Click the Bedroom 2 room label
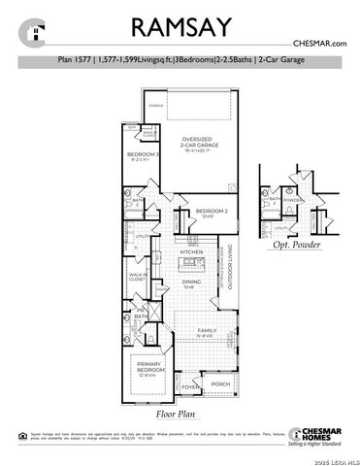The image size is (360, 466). coord(211,212)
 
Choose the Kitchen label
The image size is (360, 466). coord(189,252)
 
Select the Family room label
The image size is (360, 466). coord(207,330)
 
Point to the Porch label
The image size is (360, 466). coord(220,384)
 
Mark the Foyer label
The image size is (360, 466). coord(191,388)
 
